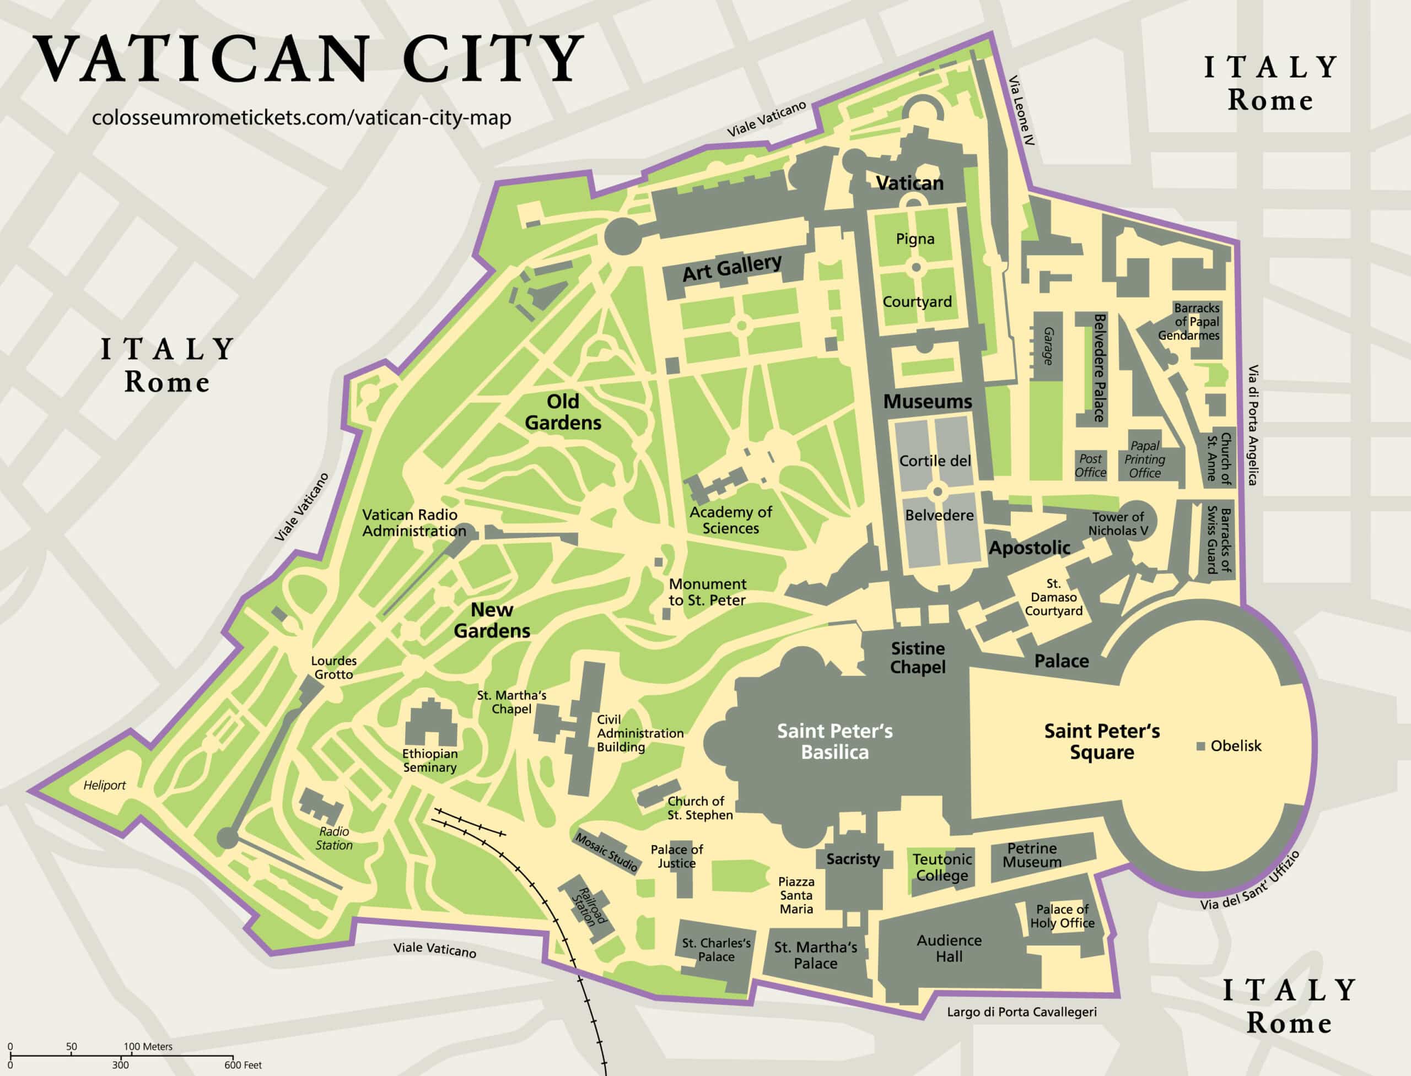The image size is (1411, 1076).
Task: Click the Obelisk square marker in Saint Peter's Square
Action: [1201, 746]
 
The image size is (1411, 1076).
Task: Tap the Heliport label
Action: [105, 785]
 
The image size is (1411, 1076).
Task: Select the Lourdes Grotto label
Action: [333, 667]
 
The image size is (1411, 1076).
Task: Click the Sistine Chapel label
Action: [918, 658]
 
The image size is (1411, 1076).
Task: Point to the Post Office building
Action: [1091, 466]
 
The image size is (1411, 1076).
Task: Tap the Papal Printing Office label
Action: [1144, 459]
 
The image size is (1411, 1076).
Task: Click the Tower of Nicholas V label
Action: [1118, 523]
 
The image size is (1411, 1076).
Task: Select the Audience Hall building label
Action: [949, 949]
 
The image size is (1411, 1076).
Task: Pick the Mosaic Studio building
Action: [606, 852]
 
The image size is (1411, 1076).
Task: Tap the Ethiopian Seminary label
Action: [429, 760]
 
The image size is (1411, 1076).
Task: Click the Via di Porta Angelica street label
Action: [1253, 425]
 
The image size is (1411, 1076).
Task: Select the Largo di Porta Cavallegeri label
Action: [1021, 1012]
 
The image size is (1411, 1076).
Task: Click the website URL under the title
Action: [301, 118]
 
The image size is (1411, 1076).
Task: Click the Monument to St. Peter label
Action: [707, 592]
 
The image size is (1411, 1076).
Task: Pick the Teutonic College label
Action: [942, 867]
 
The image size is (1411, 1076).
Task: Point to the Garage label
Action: [1048, 347]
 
